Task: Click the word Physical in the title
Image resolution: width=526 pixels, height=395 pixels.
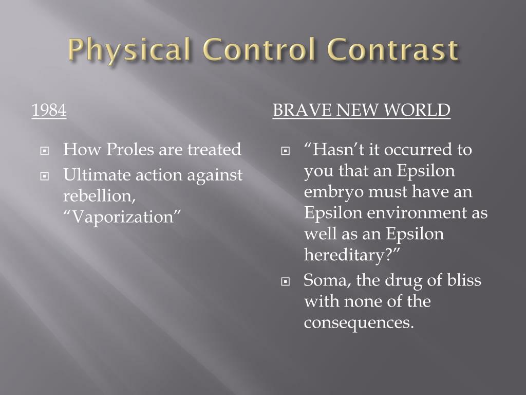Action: click(128, 50)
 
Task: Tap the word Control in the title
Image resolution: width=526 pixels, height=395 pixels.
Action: click(255, 50)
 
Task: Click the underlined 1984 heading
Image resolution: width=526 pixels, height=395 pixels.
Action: click(49, 110)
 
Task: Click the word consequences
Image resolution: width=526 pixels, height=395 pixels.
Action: click(358, 323)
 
